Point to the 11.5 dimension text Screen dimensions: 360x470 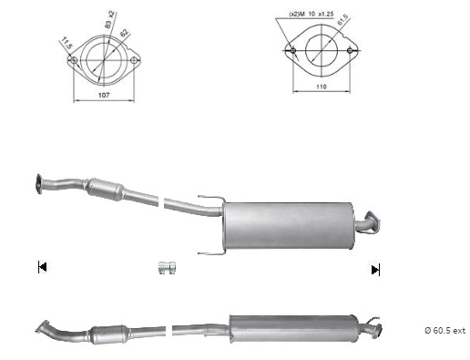tap(66, 42)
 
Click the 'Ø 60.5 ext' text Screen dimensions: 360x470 tap(444, 330)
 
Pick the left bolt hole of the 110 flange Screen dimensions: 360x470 tap(291, 49)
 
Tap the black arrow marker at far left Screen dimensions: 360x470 tap(42, 267)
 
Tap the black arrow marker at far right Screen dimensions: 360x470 tap(374, 269)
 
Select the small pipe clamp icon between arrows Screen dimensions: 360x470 tap(166, 267)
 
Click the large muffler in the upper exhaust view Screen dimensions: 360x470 tap(286, 220)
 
